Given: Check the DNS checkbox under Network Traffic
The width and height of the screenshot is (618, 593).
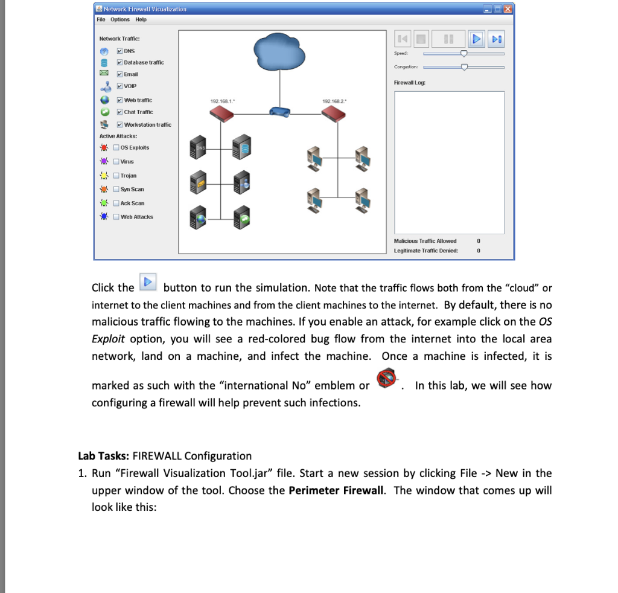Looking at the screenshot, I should [120, 51].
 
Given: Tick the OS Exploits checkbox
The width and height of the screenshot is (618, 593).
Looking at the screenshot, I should [116, 147].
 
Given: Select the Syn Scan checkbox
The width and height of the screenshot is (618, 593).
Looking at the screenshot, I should [116, 189].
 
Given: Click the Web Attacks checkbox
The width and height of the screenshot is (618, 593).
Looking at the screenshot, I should [116, 217].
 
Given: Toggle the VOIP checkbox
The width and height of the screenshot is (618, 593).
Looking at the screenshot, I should [120, 86].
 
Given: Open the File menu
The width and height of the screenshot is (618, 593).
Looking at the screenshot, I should [101, 19].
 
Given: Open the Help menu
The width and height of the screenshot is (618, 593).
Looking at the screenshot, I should [141, 19].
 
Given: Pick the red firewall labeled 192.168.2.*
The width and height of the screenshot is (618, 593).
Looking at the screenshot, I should [334, 113].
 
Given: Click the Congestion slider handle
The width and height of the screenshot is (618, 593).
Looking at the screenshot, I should [464, 67].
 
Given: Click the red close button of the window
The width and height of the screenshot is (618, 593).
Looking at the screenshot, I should [507, 8].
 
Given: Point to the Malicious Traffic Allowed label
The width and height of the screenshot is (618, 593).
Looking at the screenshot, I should [425, 241].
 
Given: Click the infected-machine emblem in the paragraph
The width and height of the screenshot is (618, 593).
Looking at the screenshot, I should [386, 377].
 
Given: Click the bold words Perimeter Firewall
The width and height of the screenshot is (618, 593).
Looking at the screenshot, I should [336, 490].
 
